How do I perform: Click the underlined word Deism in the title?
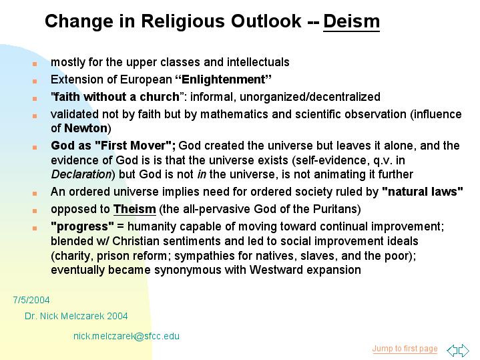coord(351,21)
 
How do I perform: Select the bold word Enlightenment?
coord(224,79)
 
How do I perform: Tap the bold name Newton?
coord(85,128)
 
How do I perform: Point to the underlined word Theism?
coord(135,209)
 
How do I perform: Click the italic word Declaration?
coord(81,174)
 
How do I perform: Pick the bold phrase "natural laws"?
coord(423,192)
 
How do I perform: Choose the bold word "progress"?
coord(82,226)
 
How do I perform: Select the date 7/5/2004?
coord(31,300)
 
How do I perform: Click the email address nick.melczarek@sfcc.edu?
coord(126,336)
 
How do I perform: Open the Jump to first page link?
coord(405,349)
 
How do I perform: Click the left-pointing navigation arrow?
coord(453,350)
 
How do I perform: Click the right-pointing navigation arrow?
coord(464,350)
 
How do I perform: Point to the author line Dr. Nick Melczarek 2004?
coord(76,316)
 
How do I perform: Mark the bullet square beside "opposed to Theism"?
coord(35,211)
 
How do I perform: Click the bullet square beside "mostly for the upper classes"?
coord(35,64)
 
